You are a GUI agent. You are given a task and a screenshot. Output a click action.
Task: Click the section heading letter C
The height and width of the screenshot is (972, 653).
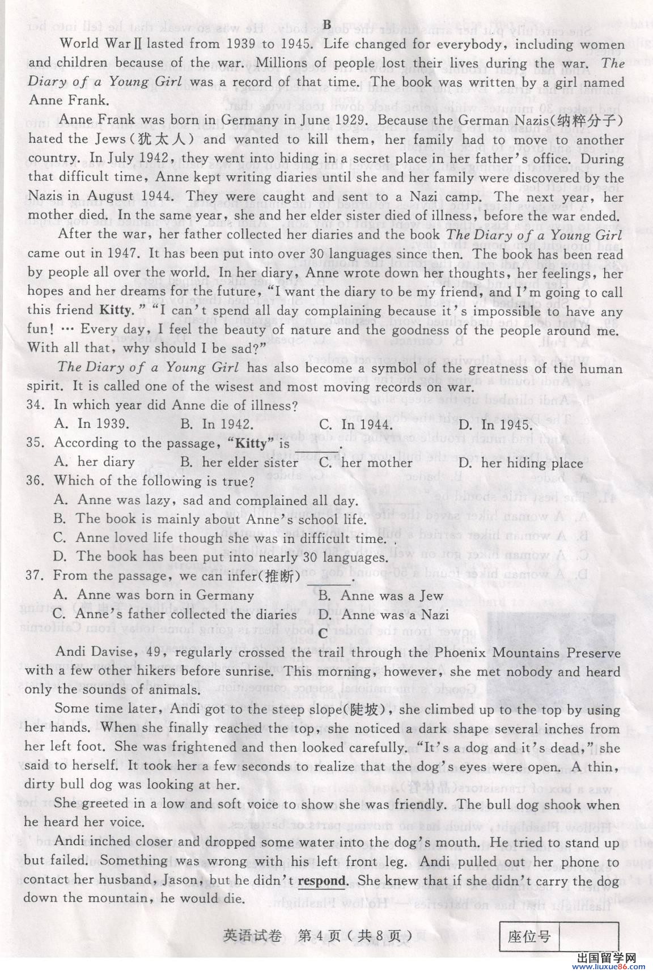coord(323,633)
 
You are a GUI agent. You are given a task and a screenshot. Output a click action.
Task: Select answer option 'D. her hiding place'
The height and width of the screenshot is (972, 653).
coord(520,463)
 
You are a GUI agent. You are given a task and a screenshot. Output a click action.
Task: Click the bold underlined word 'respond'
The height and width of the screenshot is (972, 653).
coord(321,881)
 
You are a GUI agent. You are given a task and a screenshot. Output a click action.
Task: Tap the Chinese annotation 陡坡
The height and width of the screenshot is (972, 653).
coord(367,710)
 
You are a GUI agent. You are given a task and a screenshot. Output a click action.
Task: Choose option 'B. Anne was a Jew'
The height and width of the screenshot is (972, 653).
coord(381,596)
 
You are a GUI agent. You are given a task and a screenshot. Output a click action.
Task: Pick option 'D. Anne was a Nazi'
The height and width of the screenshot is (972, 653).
coord(384,614)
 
